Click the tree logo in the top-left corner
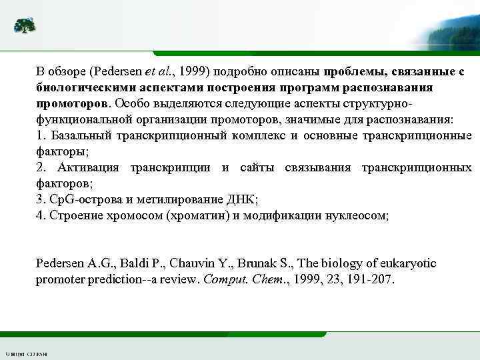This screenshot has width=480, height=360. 25,25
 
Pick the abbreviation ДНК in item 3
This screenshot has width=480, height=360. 241,199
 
